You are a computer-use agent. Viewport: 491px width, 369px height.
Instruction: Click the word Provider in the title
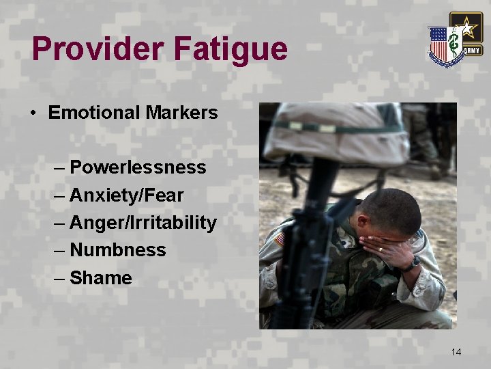tap(97, 49)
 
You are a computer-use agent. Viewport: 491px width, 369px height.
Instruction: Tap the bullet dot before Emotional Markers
tap(34, 113)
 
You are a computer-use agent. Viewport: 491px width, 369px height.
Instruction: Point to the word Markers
tap(182, 113)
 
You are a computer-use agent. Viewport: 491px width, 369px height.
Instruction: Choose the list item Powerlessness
tap(138, 167)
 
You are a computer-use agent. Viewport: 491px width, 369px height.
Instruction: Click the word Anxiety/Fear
tap(127, 195)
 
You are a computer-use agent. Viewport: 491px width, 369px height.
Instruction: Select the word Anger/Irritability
tap(143, 223)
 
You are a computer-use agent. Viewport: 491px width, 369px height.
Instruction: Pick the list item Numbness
tap(117, 250)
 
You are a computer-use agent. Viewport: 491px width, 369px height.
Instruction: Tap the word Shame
tap(101, 278)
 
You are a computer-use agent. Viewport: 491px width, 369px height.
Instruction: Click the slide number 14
tap(456, 352)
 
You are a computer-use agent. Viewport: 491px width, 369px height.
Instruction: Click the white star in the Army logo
tap(466, 29)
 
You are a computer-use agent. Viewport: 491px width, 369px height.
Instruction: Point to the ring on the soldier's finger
tap(381, 249)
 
